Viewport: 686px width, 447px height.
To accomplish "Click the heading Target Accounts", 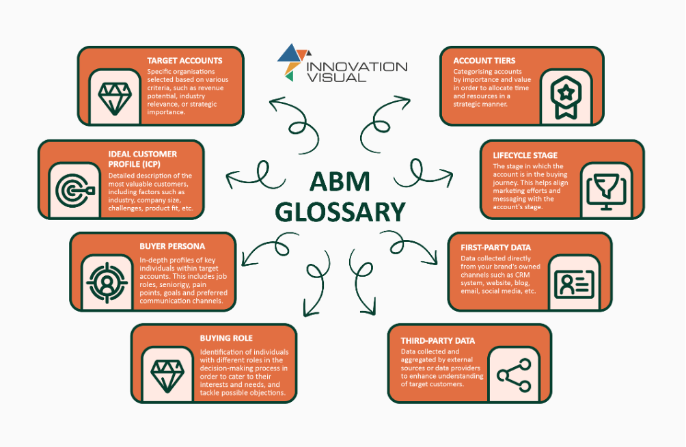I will pyautogui.click(x=184, y=61).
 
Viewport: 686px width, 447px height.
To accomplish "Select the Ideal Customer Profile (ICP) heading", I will pyautogui.click(x=143, y=159).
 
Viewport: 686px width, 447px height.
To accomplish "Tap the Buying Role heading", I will pyautogui.click(x=226, y=338).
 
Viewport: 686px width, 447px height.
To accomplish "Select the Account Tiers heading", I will pyautogui.click(x=484, y=60).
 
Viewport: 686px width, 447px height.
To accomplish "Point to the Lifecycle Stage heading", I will pyautogui.click(x=525, y=155).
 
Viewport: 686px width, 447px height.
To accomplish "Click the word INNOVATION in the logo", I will pyautogui.click(x=357, y=66).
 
